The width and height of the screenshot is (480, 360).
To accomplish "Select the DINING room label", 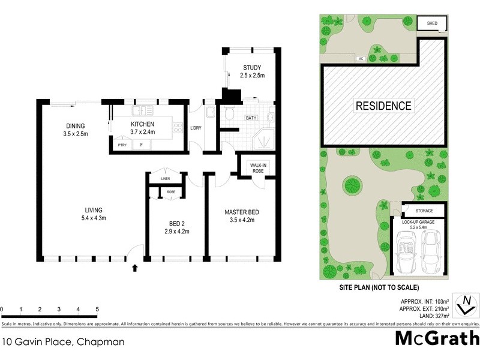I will (77, 126).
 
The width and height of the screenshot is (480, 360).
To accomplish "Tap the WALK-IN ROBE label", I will (258, 167).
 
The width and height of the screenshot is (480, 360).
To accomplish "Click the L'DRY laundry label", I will (195, 128).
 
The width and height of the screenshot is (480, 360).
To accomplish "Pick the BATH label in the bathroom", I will (251, 118).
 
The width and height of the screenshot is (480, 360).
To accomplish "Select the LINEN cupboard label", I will (165, 179).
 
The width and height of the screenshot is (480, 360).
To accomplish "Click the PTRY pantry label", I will (122, 145).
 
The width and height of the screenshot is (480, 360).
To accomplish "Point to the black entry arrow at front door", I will (134, 268).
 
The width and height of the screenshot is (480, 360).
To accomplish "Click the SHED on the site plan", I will (432, 23).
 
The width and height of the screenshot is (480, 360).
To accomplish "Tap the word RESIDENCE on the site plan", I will (384, 106).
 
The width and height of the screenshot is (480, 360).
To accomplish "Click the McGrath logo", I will (437, 337).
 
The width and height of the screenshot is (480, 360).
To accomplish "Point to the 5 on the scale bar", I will (97, 310).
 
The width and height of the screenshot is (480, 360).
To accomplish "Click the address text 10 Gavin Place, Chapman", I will (64, 343).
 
